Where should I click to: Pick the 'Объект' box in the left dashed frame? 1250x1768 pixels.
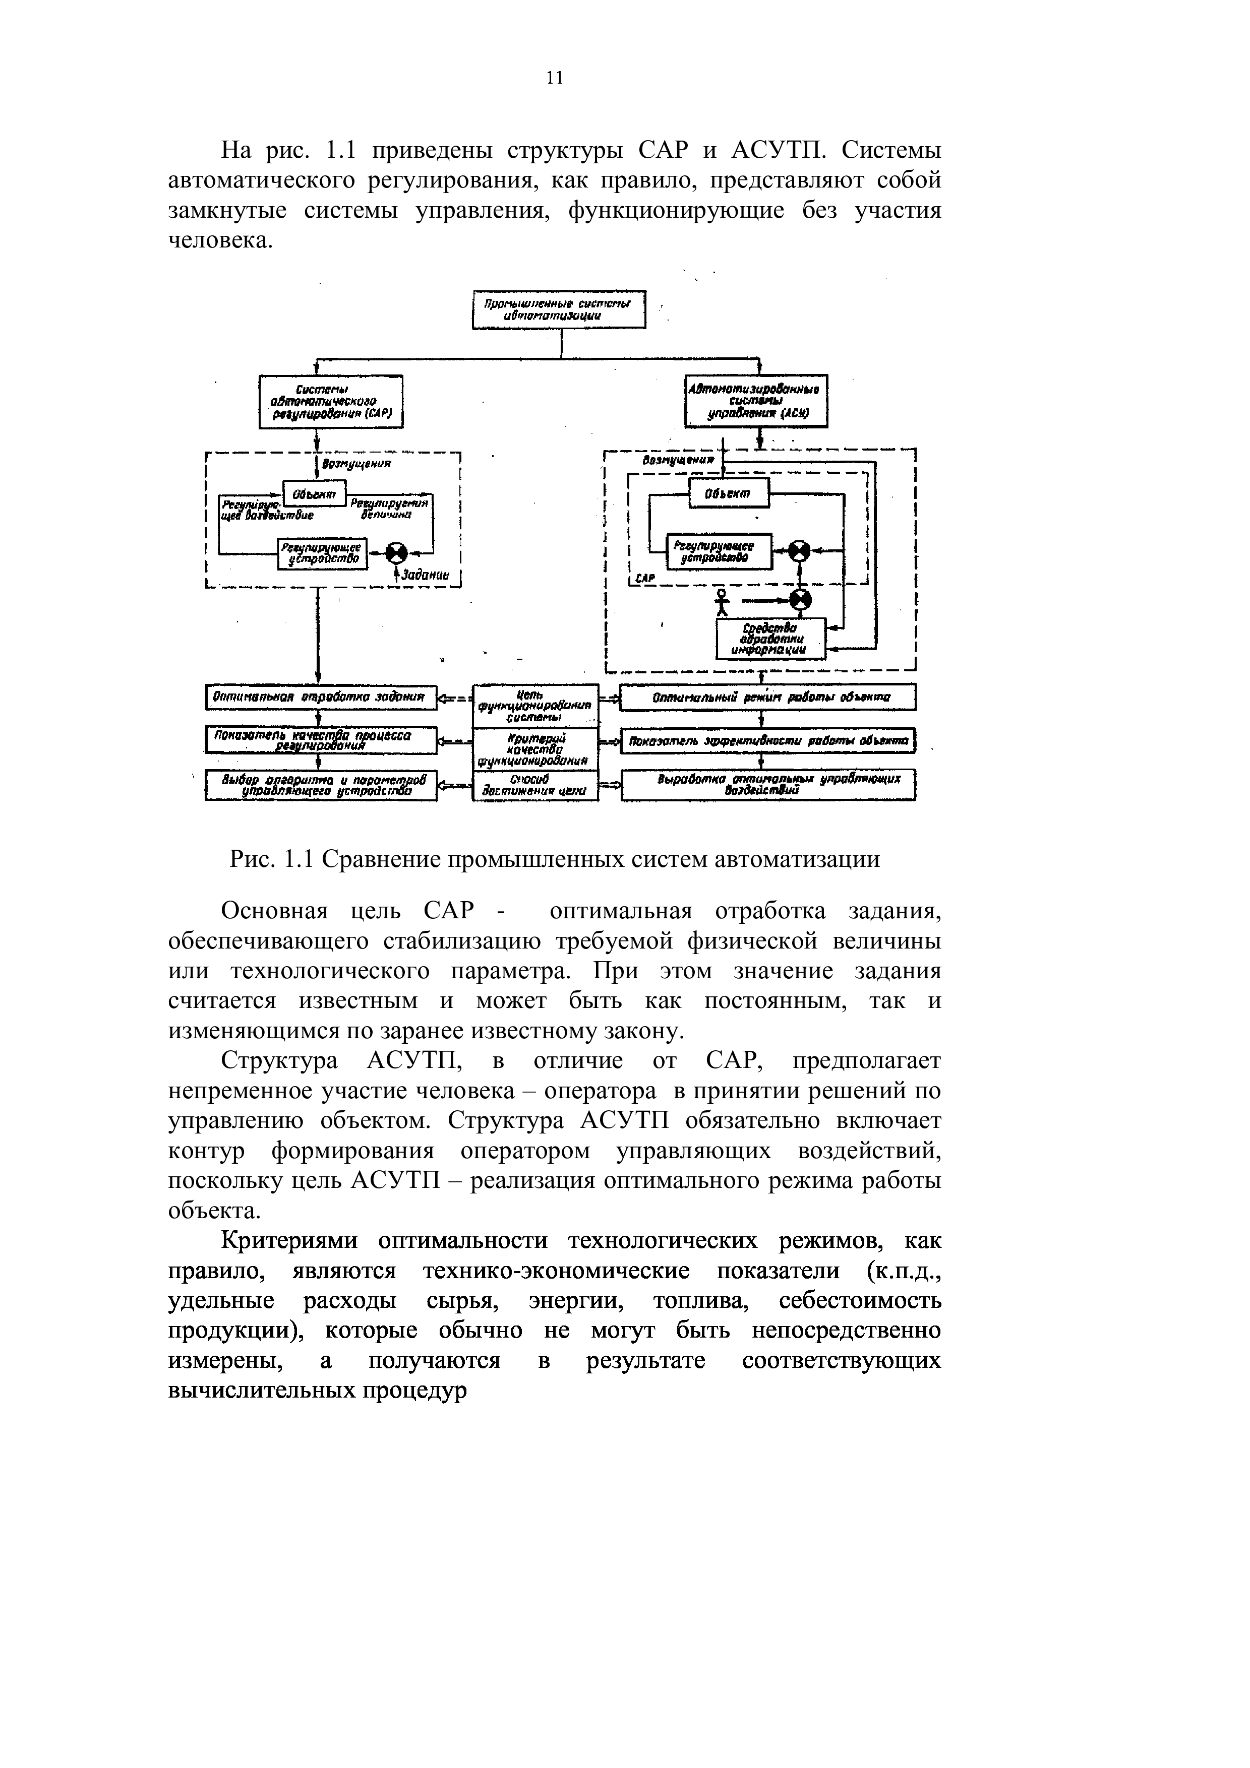pos(314,493)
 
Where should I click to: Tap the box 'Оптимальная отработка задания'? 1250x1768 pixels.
pos(320,697)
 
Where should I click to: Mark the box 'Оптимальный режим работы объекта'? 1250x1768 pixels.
pos(768,698)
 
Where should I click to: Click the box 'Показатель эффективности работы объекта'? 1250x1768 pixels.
pos(768,741)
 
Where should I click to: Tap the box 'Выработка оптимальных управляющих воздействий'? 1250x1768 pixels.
pos(768,785)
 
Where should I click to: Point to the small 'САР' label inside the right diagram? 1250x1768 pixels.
pos(645,578)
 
